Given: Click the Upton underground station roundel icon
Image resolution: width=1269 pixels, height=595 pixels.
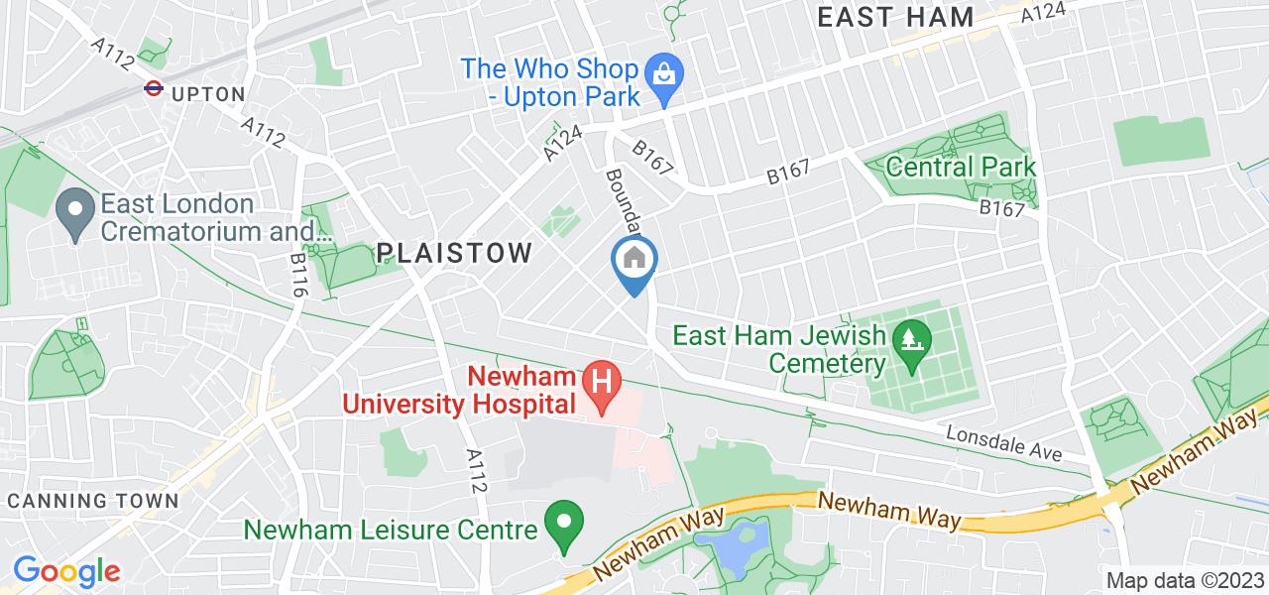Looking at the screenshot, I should [153, 89].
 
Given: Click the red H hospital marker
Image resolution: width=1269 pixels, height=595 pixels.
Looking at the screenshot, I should [599, 378].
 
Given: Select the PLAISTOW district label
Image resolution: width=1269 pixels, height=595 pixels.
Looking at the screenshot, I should [455, 253].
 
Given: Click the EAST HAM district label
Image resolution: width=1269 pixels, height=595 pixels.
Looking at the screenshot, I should [895, 16].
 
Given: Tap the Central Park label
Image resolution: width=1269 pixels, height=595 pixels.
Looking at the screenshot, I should [961, 166].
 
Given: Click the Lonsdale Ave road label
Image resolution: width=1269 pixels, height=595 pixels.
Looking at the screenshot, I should [1003, 443].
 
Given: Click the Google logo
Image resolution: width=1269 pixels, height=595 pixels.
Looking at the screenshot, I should [66, 571].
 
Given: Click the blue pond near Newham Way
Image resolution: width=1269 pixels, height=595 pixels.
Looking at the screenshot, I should [733, 547].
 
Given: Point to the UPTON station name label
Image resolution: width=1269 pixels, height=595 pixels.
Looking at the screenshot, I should [208, 94].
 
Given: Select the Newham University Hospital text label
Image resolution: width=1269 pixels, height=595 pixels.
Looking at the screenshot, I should [461, 391].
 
